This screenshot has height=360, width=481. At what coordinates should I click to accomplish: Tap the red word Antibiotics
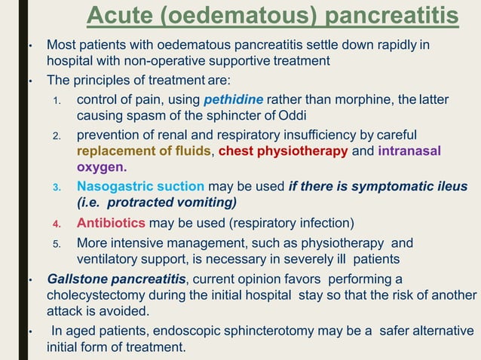coord(111,223)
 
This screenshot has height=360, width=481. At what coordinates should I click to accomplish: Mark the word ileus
coord(450,186)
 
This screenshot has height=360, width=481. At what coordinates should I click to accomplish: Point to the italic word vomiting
coord(205,203)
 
